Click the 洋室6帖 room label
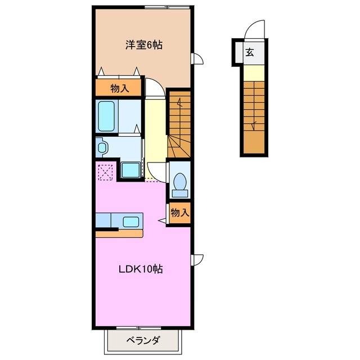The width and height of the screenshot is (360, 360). point(143,45)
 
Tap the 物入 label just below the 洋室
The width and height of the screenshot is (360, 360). point(120,88)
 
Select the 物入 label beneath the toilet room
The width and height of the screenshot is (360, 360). point(179,213)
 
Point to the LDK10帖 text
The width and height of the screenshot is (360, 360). point(141,269)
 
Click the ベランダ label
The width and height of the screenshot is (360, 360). point(142,340)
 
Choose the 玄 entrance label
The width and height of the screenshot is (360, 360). point(249,54)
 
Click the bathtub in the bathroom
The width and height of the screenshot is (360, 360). point(106,115)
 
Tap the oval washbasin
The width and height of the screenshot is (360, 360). point(102,148)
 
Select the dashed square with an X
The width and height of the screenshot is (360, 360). point(106,172)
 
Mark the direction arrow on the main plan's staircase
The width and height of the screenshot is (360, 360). point(180,103)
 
